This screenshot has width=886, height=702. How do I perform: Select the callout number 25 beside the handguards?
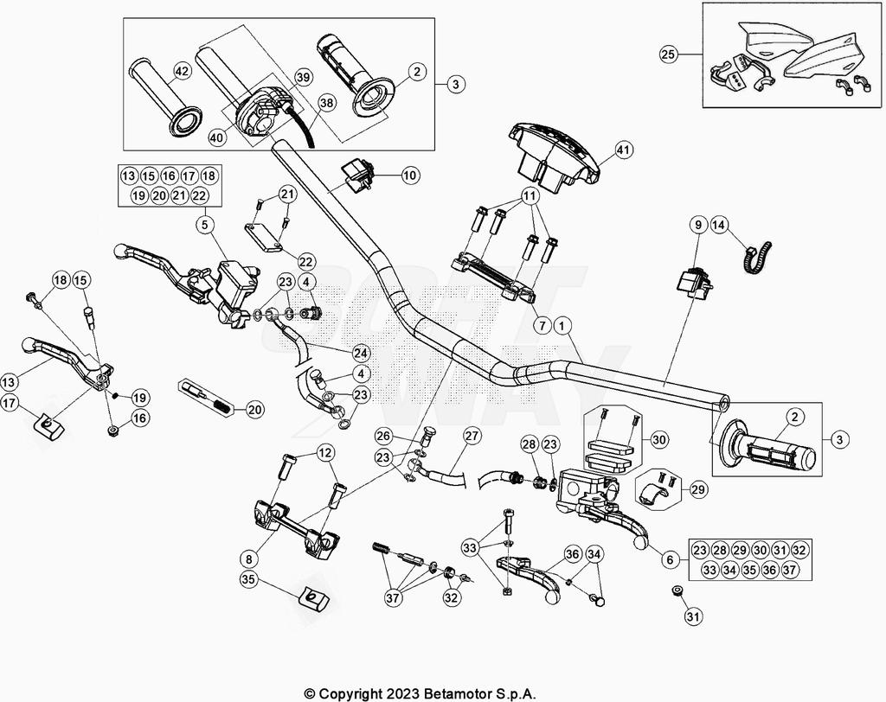coord(669,55)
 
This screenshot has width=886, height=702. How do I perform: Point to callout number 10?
coord(409,175)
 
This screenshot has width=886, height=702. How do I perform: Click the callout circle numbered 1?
coord(563,326)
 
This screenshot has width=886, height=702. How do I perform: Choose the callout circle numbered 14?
coord(719,226)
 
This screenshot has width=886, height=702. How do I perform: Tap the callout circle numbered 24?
coord(361,353)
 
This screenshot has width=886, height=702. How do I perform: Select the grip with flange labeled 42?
coord(160,94)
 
